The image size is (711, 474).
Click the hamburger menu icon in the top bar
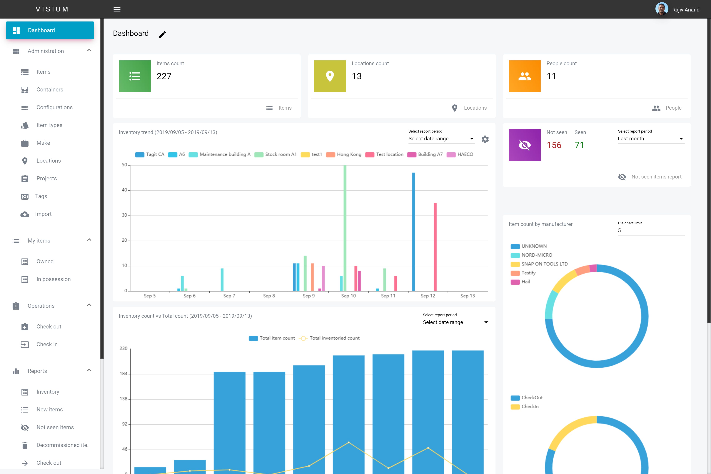[117, 9]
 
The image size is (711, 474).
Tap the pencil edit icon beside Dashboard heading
[163, 34]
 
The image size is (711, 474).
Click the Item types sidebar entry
[49, 125]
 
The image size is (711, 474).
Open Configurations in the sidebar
[54, 107]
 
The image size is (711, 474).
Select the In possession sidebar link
[54, 279]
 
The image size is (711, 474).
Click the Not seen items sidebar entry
[55, 427]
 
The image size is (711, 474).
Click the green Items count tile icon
[135, 76]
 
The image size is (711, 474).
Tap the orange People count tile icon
[525, 76]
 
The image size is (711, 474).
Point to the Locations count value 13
[357, 76]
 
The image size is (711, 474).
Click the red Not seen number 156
[554, 145]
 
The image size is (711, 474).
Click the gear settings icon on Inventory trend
[485, 139]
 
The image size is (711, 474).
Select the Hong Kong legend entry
[344, 154]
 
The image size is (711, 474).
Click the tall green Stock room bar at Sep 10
[345, 228]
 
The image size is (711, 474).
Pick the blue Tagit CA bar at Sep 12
[413, 232]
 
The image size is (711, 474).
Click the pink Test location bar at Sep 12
[435, 247]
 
